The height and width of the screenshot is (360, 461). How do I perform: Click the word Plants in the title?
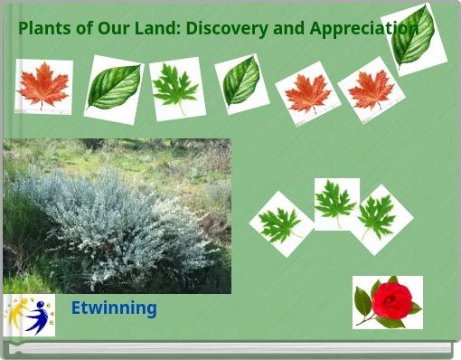coord(44,28)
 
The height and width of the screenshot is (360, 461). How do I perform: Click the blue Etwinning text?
coord(113,308)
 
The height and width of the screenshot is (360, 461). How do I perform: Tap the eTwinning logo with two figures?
coord(29,316)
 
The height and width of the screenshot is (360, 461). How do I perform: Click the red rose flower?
coord(388,301)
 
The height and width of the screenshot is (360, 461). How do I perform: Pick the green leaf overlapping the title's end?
coord(414,39)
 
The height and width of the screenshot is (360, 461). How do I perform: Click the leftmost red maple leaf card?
coord(43,87)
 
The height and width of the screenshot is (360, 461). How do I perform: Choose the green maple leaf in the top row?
coord(176,89)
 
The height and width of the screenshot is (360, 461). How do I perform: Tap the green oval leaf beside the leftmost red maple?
coord(114,89)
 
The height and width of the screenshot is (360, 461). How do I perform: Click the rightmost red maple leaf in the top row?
coord(371,90)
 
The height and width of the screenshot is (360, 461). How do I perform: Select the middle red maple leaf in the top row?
coord(307,94)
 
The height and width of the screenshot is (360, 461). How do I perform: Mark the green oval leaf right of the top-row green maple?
coord(241,83)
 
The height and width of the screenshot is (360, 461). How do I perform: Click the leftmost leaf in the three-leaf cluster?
coord(281,224)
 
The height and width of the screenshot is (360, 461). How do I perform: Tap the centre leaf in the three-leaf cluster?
coord(336,204)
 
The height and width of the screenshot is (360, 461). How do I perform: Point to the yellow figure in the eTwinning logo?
coord(16,313)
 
